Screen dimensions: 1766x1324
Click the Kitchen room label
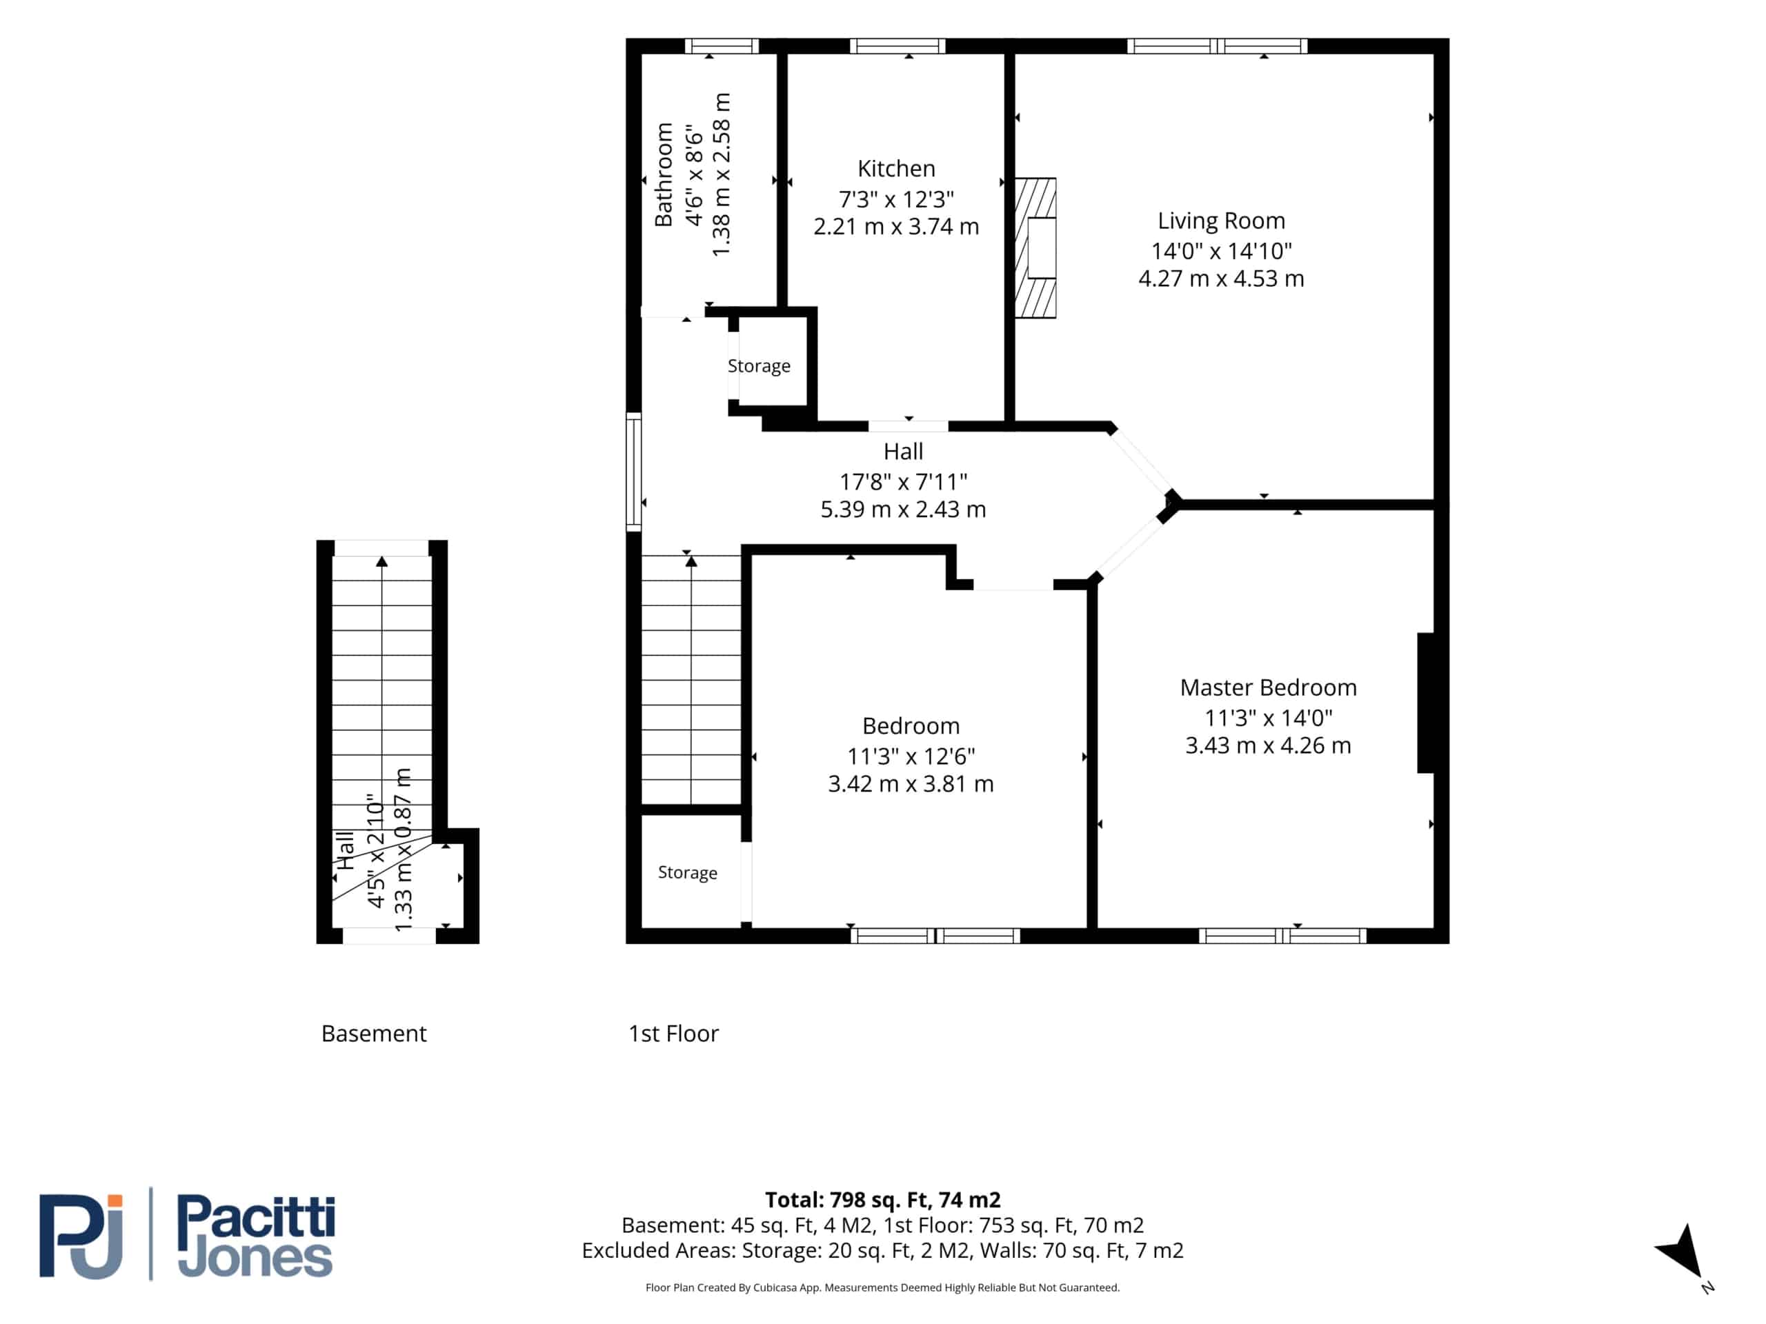(896, 168)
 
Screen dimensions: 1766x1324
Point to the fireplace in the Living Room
(1035, 248)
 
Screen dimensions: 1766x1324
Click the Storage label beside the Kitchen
(758, 365)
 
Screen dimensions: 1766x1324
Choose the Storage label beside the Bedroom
(686, 872)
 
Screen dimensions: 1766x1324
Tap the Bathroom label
(664, 174)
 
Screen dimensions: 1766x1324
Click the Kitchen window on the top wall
(897, 46)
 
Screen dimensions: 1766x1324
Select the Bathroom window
(722, 46)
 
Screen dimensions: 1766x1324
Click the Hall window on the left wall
(633, 472)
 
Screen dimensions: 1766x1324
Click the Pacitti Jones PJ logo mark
(81, 1236)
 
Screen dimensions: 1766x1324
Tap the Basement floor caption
(374, 1034)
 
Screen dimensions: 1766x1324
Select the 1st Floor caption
(673, 1034)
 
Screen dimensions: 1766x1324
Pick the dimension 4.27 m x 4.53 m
(1221, 279)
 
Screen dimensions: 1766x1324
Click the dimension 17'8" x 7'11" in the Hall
(903, 481)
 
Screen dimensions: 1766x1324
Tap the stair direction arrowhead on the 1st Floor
(691, 562)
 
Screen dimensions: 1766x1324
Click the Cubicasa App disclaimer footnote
(882, 1287)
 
